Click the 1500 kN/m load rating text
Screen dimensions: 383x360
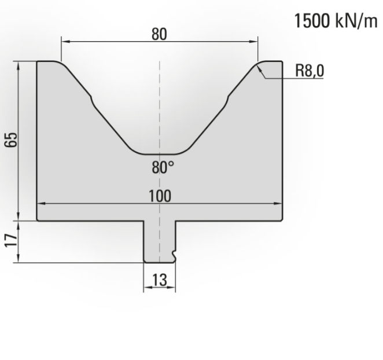(x=336, y=21)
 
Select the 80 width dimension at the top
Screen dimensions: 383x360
(x=159, y=34)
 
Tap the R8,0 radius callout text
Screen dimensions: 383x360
(x=310, y=71)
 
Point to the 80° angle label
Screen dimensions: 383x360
(x=163, y=167)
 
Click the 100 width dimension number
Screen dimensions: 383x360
(x=160, y=196)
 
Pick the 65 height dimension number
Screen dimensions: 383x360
(x=12, y=139)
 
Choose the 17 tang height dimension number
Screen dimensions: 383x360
(x=12, y=241)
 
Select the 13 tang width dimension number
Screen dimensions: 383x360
(x=160, y=280)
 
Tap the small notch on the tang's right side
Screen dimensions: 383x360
(x=174, y=255)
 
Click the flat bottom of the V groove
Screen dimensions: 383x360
(x=159, y=155)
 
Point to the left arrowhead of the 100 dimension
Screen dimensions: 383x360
(x=41, y=203)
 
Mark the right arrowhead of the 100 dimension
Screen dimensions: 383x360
(x=278, y=203)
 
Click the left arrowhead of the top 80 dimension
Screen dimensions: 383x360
(x=65, y=42)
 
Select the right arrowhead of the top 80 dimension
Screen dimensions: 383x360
(x=253, y=42)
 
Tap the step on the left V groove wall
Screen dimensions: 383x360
(x=93, y=101)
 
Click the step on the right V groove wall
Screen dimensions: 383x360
(x=226, y=101)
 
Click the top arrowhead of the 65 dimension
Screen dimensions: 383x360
(x=18, y=65)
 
